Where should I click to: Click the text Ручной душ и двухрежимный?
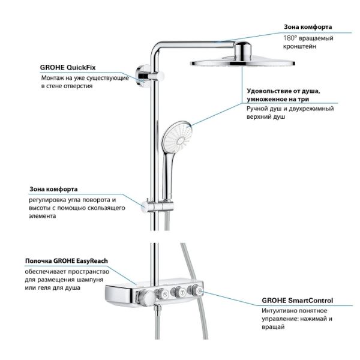point(290,109)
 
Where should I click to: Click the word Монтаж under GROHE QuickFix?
point(54,78)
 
